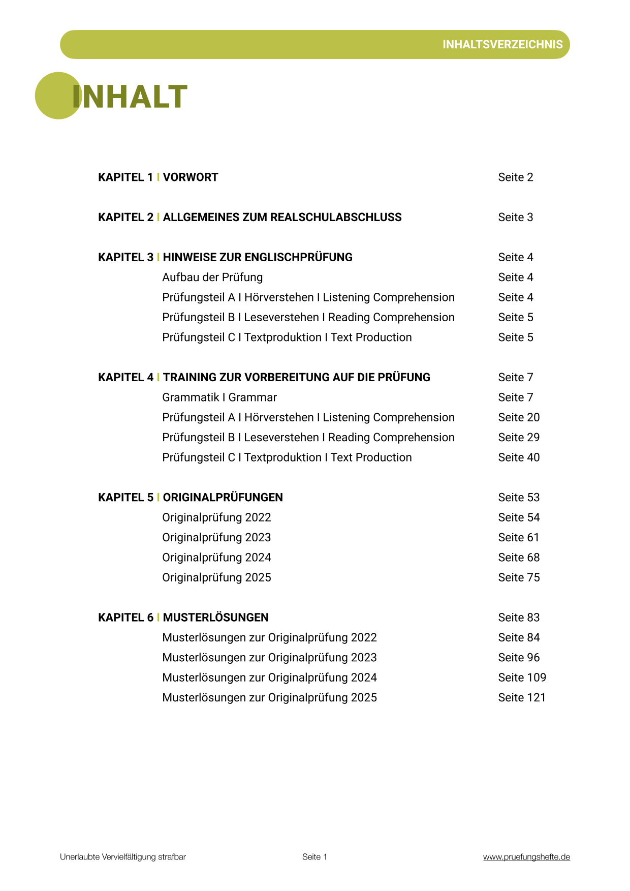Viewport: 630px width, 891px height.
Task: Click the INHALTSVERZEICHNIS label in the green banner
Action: tap(502, 45)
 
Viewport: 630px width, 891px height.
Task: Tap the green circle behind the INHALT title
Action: tap(51, 96)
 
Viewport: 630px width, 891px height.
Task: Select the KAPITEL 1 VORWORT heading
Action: tap(158, 177)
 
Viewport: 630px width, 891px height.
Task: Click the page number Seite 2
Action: tap(515, 177)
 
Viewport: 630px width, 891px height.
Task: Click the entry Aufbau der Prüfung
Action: tap(212, 278)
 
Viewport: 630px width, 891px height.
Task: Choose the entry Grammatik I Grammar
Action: tap(219, 397)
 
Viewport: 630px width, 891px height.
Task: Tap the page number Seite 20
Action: tap(519, 417)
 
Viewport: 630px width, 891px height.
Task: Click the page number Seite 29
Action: tap(519, 438)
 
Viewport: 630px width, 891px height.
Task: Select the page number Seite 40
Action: tap(519, 457)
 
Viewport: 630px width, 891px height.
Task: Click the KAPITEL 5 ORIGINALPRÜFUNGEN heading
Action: tap(191, 498)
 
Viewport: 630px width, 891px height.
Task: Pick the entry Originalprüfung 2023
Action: tap(216, 538)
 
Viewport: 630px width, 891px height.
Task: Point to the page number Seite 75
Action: tap(519, 577)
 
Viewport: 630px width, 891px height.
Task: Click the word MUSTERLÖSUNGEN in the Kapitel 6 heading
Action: tap(215, 618)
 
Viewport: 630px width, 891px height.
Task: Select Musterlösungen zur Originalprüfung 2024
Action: tap(269, 678)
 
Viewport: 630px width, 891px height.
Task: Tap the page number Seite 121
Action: tap(522, 698)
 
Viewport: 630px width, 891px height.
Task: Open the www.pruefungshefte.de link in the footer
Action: tap(526, 857)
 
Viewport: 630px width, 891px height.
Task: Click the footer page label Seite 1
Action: tap(314, 857)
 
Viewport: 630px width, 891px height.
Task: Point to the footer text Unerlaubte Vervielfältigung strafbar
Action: tap(123, 857)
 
